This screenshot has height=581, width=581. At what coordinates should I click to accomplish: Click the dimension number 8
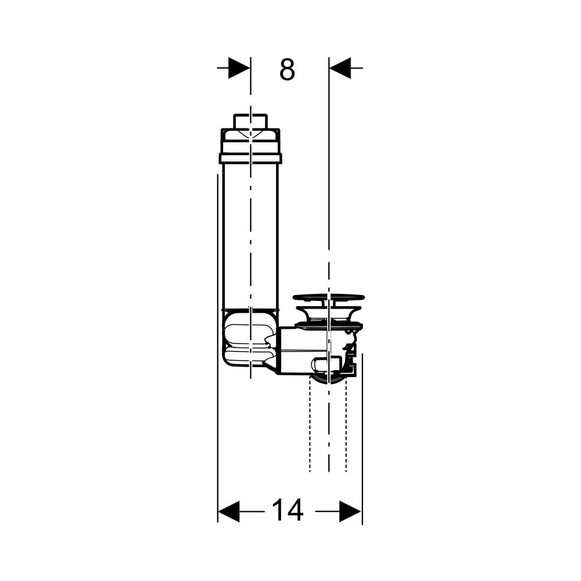click(x=287, y=69)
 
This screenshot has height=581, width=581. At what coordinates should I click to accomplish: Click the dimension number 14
click(x=288, y=511)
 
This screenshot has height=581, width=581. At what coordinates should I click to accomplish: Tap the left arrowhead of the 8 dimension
click(x=239, y=68)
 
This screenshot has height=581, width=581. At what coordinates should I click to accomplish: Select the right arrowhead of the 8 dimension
click(x=340, y=68)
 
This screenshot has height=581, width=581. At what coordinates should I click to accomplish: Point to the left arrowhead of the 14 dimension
click(x=228, y=511)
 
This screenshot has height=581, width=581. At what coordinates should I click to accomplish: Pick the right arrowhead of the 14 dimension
click(x=350, y=511)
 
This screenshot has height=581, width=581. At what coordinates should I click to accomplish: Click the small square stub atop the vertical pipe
click(x=250, y=121)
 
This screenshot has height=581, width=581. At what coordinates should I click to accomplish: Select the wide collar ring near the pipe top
click(x=250, y=158)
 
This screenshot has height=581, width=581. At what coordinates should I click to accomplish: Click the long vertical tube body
click(x=250, y=236)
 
